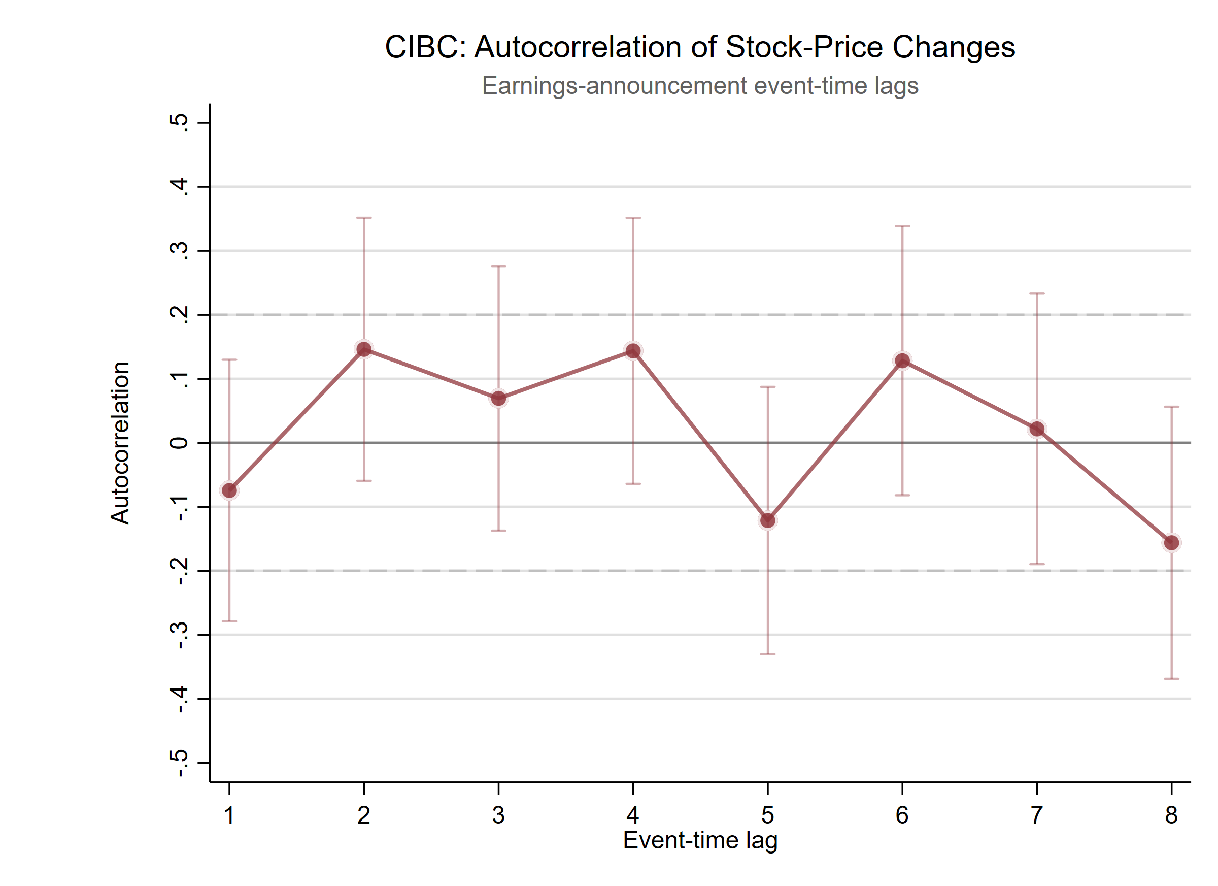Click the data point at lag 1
click(x=229, y=490)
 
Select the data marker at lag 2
click(x=364, y=349)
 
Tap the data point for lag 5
click(x=768, y=520)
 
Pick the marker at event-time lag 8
click(x=1171, y=543)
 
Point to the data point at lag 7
click(x=1037, y=429)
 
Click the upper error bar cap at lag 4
click(x=633, y=218)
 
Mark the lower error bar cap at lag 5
click(x=768, y=654)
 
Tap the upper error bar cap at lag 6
click(x=902, y=226)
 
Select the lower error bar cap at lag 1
click(x=229, y=621)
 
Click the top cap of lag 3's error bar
click(x=498, y=266)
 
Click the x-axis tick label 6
click(x=902, y=815)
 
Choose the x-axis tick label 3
click(x=498, y=815)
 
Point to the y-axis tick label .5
click(x=179, y=122)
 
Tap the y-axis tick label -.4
click(x=179, y=699)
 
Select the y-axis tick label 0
click(x=179, y=443)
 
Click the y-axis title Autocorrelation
click(x=120, y=443)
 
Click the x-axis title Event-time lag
click(x=700, y=841)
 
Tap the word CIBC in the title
click(x=422, y=47)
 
